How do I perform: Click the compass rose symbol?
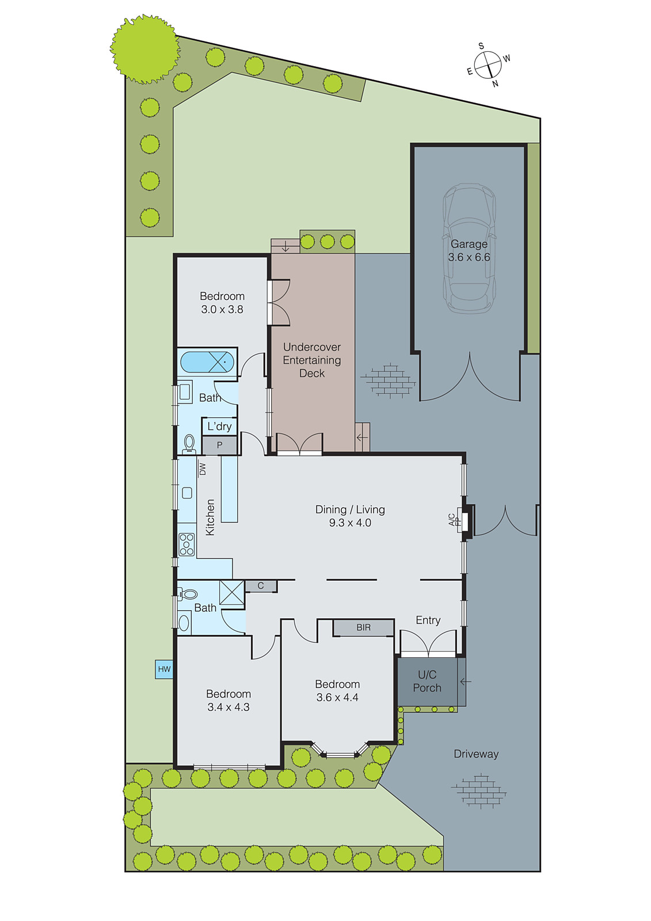coord(488,64)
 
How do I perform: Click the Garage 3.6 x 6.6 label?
coord(469,251)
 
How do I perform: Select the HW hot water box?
coord(164,669)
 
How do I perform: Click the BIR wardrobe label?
coord(364,627)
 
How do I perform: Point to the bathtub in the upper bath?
coord(207,363)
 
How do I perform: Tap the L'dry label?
coord(219,427)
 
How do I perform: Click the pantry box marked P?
coord(219,446)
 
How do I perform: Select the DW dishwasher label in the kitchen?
coord(202,469)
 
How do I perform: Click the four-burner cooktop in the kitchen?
coord(186,545)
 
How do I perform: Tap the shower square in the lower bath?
coord(231,593)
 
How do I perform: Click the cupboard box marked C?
coord(261,586)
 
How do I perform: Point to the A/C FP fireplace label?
coord(455,520)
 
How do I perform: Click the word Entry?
coord(428,620)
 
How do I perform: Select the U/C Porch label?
coord(427,681)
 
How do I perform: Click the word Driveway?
coord(476,754)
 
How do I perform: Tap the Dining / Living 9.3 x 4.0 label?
coord(350,516)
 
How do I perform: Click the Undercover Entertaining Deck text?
coord(312,360)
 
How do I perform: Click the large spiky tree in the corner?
coord(144,49)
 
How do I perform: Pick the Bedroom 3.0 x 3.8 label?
coord(222,302)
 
